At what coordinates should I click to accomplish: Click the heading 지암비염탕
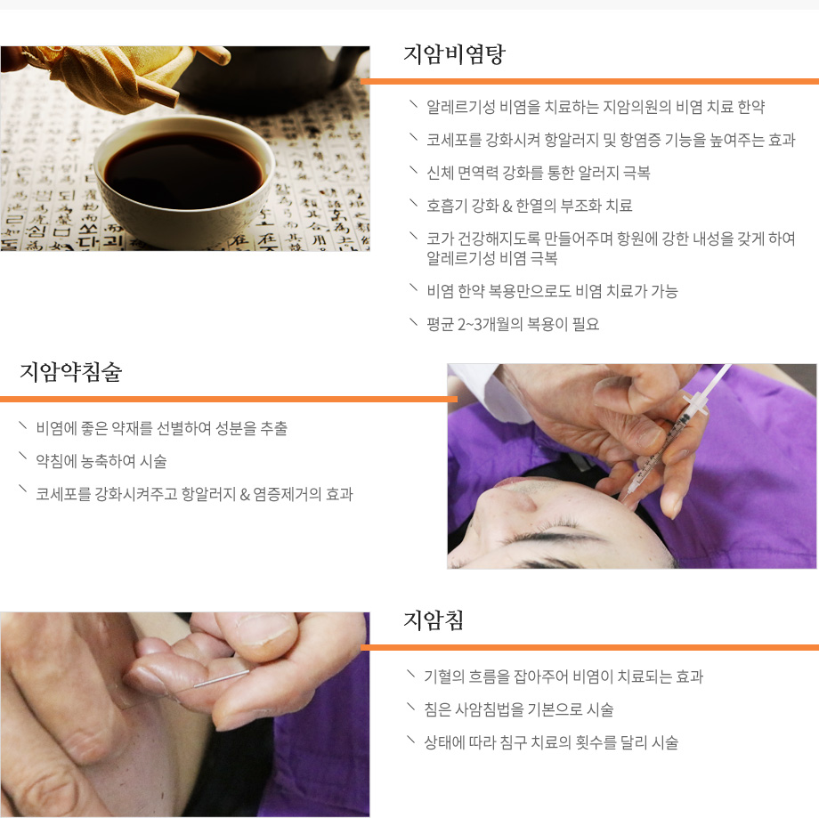click(x=454, y=54)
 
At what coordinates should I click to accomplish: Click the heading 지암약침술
click(x=70, y=372)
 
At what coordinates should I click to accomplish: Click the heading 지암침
click(x=434, y=620)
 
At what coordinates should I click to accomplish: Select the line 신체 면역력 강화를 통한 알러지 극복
click(x=539, y=173)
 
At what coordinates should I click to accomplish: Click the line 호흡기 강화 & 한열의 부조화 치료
click(x=530, y=206)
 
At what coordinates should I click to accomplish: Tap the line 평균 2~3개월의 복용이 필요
click(x=513, y=324)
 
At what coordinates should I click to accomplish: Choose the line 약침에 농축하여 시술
click(x=101, y=461)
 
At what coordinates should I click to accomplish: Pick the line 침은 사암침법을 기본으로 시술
click(x=519, y=709)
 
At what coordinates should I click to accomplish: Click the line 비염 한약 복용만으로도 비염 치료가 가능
click(x=552, y=291)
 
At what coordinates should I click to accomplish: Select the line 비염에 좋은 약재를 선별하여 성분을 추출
click(x=161, y=428)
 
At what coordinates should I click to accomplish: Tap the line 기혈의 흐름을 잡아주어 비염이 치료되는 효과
click(x=564, y=676)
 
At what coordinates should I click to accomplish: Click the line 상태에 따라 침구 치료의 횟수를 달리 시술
click(x=551, y=742)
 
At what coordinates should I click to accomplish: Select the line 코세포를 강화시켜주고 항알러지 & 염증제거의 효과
click(x=194, y=494)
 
